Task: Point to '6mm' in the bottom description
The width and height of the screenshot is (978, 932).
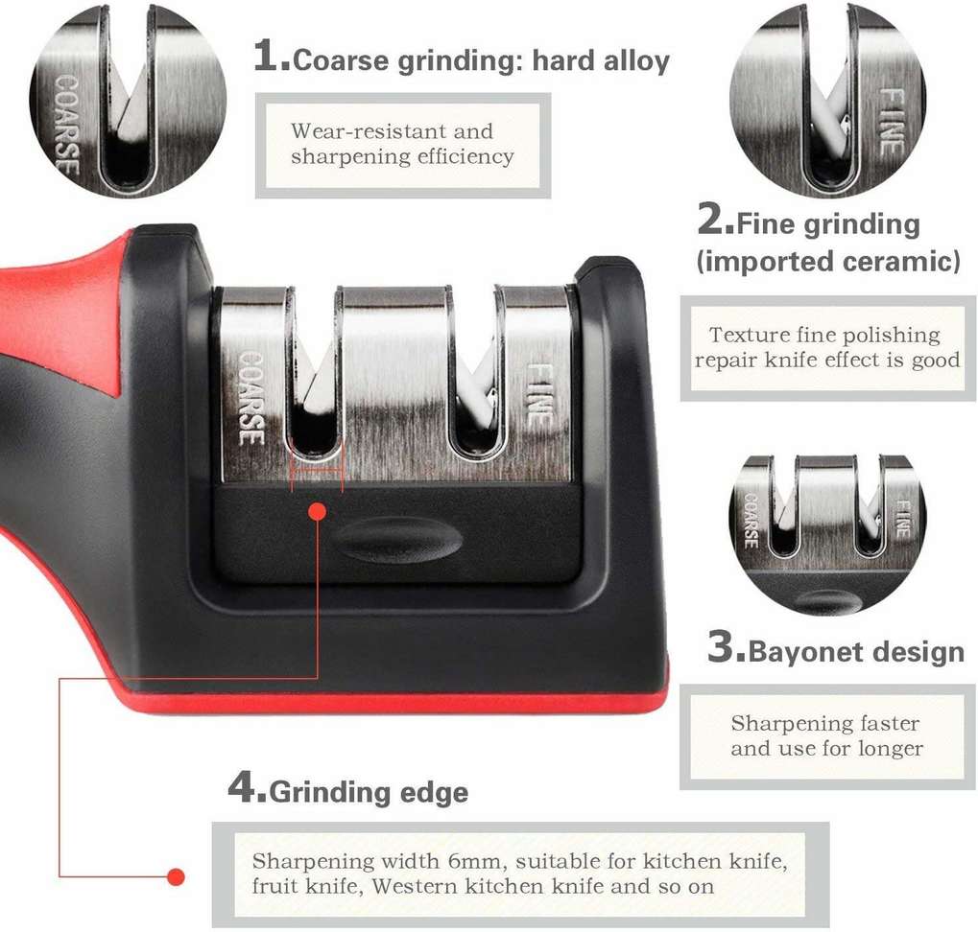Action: (474, 862)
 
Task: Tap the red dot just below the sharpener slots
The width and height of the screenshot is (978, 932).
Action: (318, 512)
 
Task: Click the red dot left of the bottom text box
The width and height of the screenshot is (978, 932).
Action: (177, 877)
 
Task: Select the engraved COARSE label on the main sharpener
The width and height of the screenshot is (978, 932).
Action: (252, 399)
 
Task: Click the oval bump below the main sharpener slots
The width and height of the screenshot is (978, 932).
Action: (397, 540)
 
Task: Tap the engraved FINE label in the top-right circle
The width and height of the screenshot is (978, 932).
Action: (892, 122)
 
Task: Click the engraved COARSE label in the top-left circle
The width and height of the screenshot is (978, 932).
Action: (67, 124)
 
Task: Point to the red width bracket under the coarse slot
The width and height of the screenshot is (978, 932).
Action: (317, 471)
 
